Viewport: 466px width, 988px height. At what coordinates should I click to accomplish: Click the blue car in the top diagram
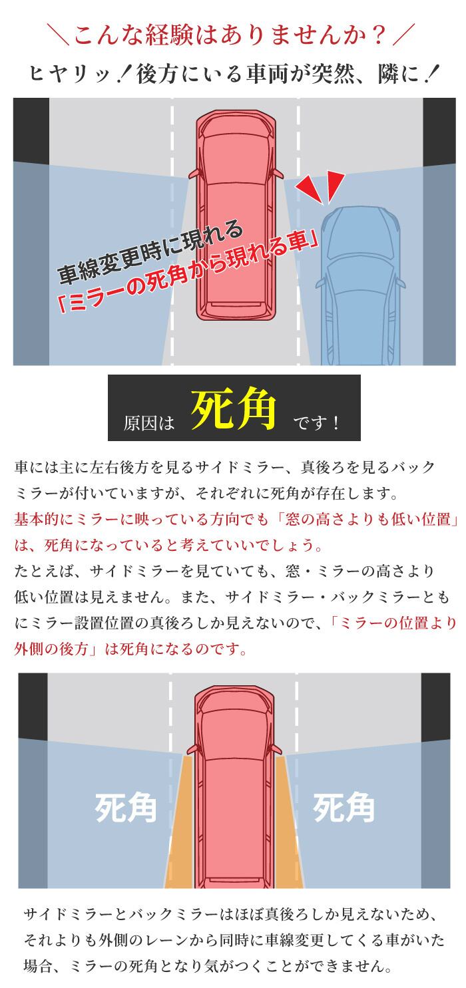pyautogui.click(x=360, y=286)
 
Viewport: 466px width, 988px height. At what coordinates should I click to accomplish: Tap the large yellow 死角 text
pyautogui.click(x=234, y=409)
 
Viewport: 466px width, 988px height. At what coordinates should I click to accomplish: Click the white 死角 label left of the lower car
pyautogui.click(x=125, y=808)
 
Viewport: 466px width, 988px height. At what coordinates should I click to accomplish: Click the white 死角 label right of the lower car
pyautogui.click(x=344, y=808)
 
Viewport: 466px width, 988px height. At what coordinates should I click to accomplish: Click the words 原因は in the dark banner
pyautogui.click(x=148, y=423)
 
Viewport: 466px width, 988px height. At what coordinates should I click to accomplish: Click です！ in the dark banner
pyautogui.click(x=316, y=423)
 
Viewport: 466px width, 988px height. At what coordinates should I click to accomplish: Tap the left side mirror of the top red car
pyautogui.click(x=194, y=174)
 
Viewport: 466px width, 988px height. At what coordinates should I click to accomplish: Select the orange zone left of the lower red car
pyautogui.click(x=180, y=820)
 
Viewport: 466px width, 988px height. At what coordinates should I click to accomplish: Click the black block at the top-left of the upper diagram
pyautogui.click(x=31, y=130)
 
